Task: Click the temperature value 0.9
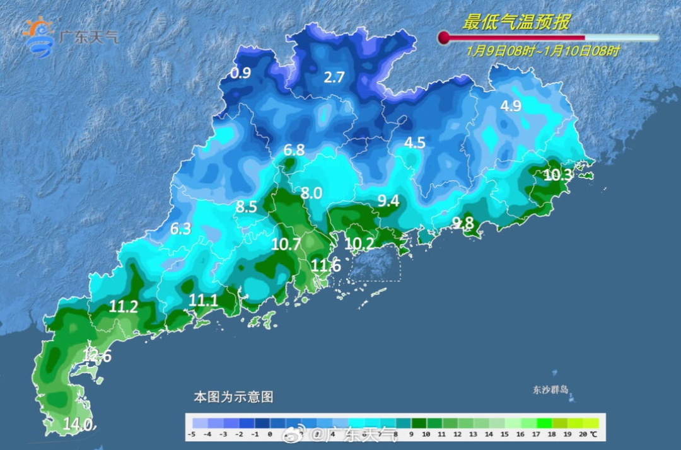click(240, 73)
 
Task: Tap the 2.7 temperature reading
click(334, 78)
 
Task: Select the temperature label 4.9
click(511, 106)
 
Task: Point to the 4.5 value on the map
click(414, 143)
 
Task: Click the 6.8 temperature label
click(294, 150)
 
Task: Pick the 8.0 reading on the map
click(311, 193)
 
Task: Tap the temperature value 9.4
click(388, 200)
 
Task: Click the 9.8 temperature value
click(463, 222)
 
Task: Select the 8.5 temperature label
click(247, 206)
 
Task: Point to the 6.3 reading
click(180, 229)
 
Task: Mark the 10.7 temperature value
click(286, 245)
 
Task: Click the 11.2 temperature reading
click(124, 307)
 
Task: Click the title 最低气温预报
click(516, 23)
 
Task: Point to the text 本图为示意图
click(233, 397)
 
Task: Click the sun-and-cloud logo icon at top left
click(39, 35)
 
